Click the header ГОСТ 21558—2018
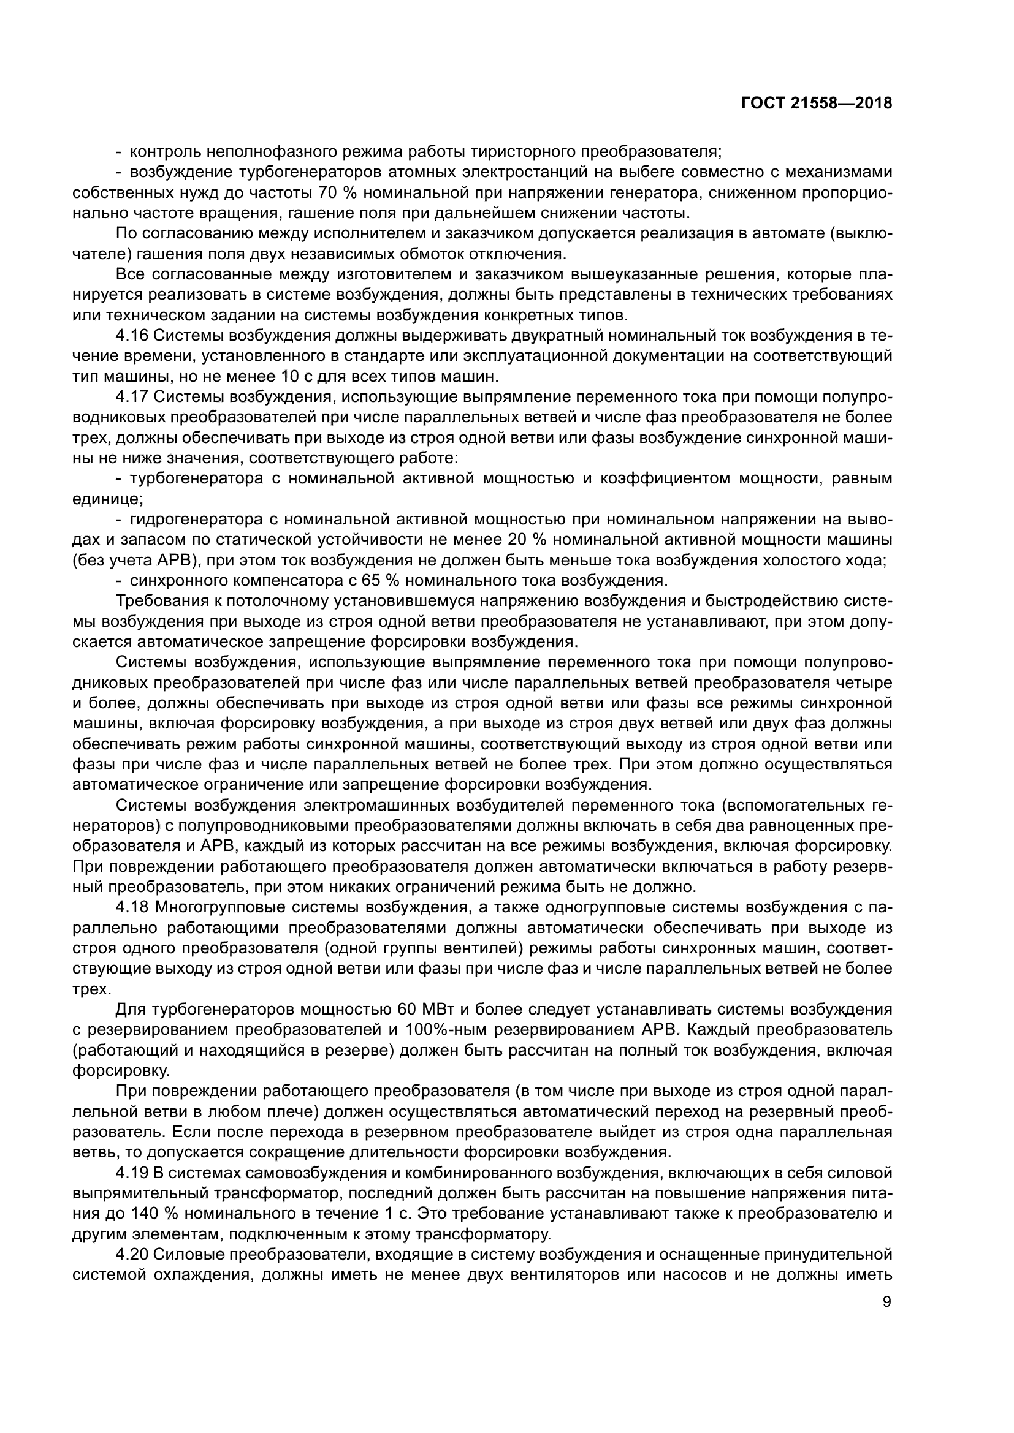[x=816, y=104]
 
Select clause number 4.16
[x=131, y=336]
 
